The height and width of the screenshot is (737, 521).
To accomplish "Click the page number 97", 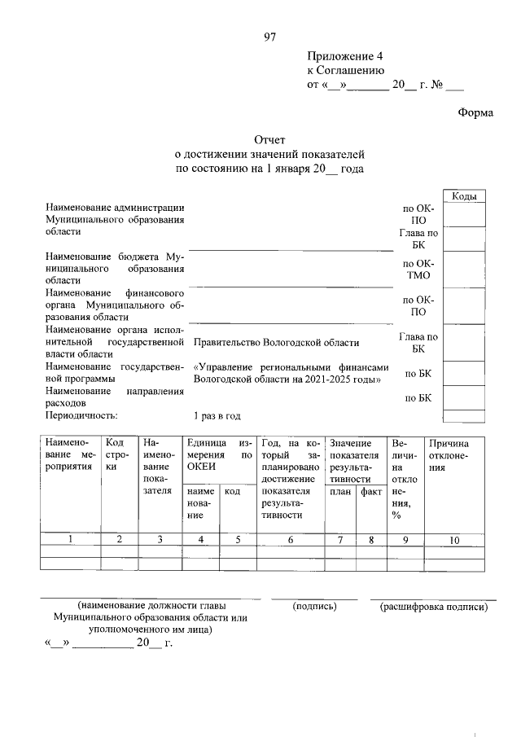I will click(271, 37).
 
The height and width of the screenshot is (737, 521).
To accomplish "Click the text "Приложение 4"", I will click(344, 56).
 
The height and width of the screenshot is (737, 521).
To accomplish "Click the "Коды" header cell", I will click(464, 196).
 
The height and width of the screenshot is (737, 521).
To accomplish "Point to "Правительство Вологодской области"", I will click(276, 343).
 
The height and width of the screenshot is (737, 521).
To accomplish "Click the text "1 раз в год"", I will click(217, 415).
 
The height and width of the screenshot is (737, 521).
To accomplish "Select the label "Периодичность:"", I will click(82, 415).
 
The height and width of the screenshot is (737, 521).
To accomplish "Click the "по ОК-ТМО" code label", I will click(418, 270).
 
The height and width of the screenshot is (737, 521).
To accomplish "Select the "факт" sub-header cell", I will click(371, 493).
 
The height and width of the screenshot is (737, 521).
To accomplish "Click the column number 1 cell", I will click(70, 538).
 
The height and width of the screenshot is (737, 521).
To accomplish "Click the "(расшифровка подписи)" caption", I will click(433, 607).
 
